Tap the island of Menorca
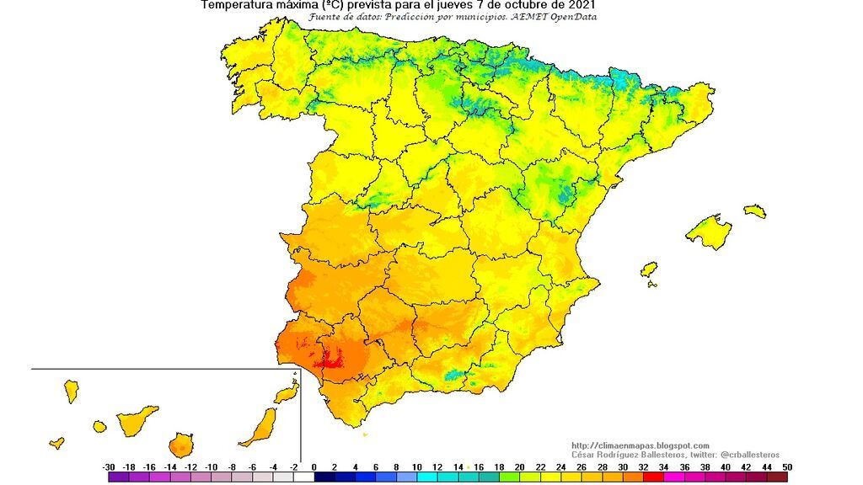(755, 211)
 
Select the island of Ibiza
(648, 270)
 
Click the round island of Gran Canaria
(180, 445)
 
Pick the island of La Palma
(72, 391)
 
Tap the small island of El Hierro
(56, 442)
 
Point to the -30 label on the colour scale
(109, 466)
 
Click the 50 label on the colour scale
(785, 466)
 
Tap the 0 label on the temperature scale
(314, 466)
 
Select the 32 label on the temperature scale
(642, 466)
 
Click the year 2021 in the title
(583, 5)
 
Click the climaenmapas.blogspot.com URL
(641, 445)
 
